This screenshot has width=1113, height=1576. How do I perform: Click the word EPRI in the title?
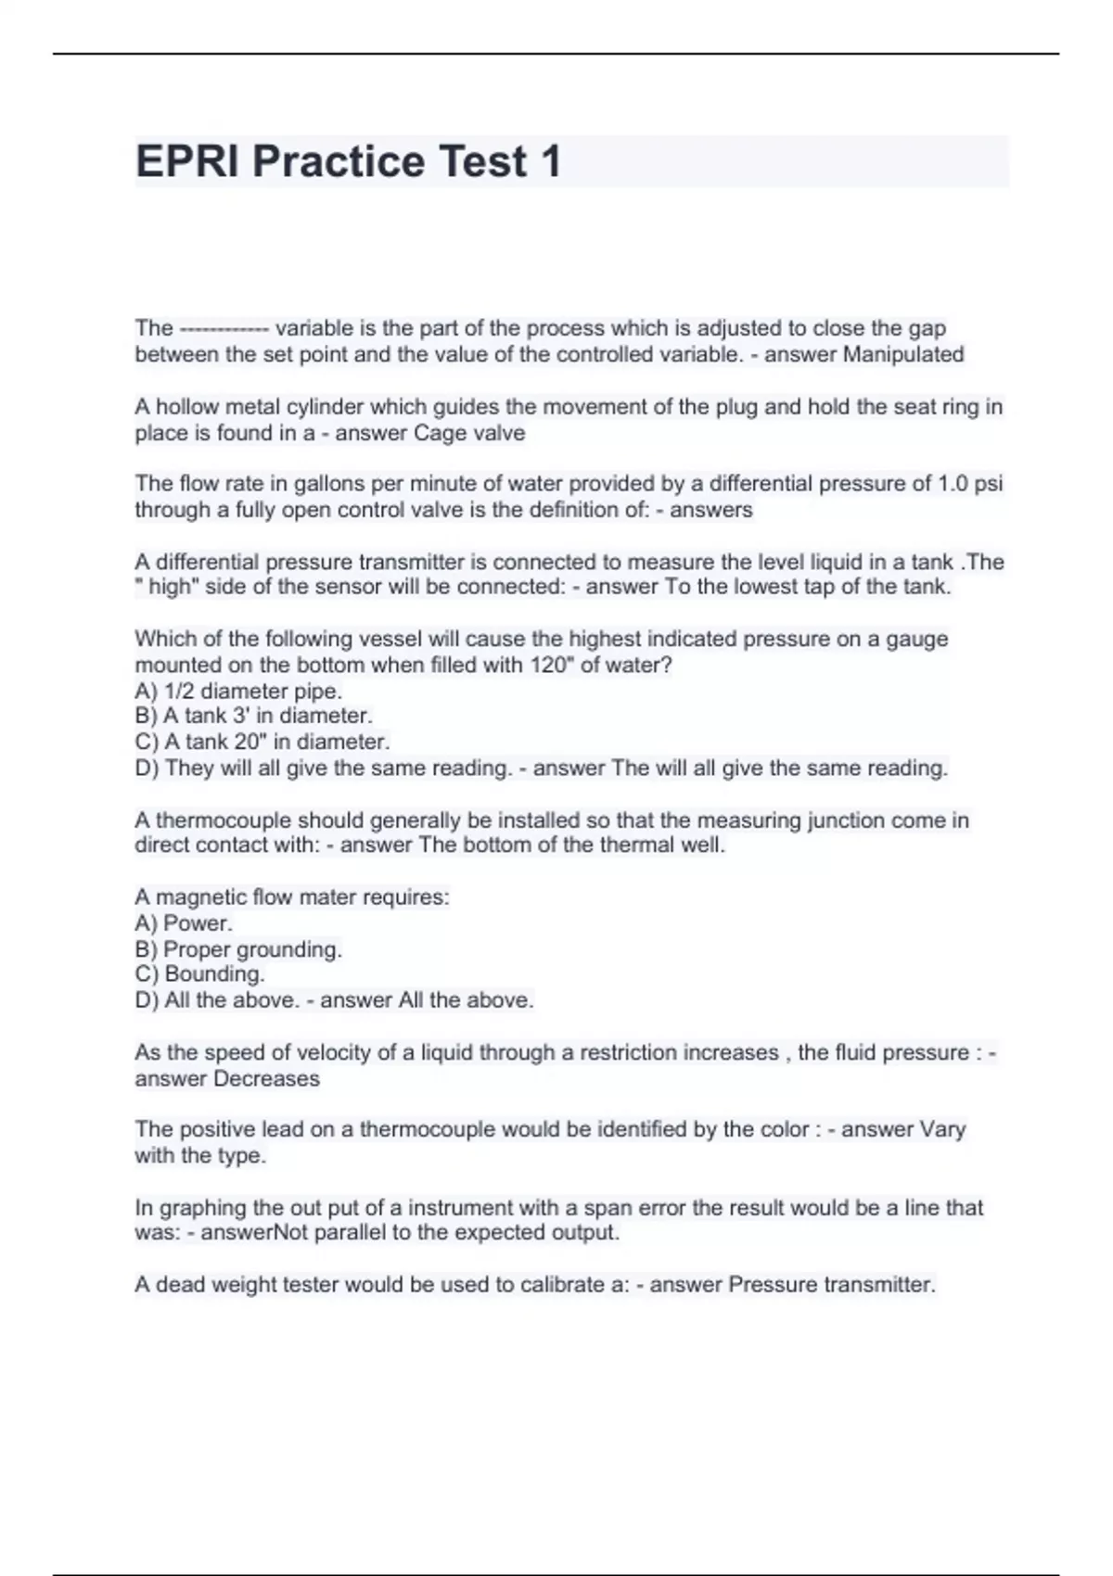(188, 161)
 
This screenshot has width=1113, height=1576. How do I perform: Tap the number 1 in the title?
(550, 161)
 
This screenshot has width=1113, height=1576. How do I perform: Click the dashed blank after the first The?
(224, 329)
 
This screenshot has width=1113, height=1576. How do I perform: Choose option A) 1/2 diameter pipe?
(238, 691)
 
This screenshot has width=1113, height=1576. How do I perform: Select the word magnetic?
(194, 897)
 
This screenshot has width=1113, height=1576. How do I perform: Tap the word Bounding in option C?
(213, 973)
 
